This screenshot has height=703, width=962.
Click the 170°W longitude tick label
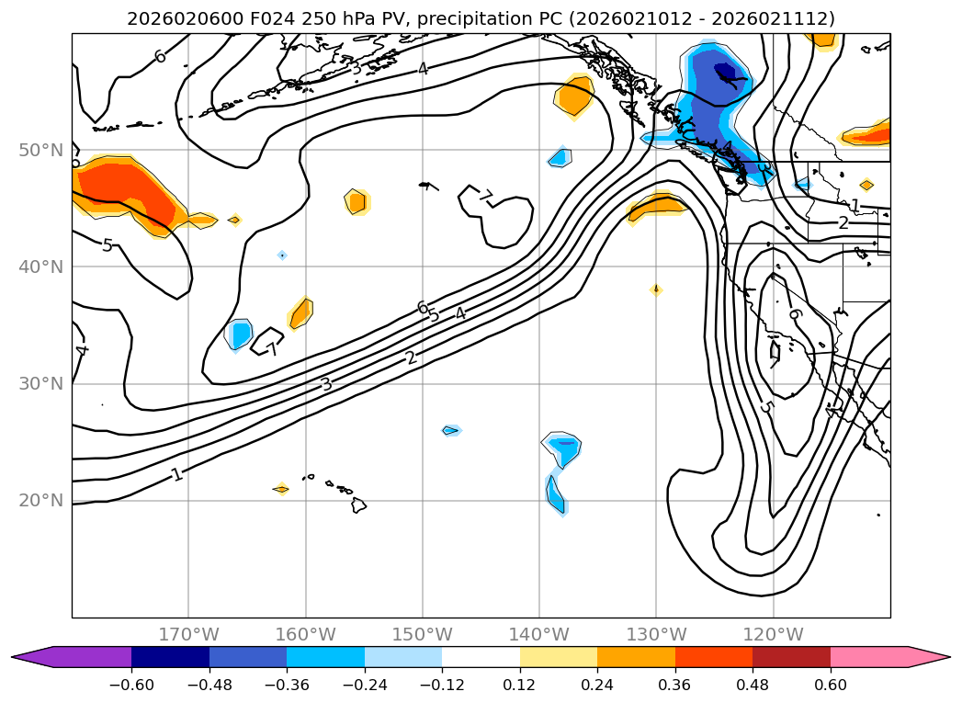(188, 634)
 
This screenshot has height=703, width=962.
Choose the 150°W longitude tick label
(423, 634)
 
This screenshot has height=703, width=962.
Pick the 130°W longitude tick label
(656, 634)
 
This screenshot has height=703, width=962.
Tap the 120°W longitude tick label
(774, 634)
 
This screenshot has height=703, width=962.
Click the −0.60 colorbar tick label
(131, 685)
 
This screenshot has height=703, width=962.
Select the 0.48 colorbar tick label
(753, 685)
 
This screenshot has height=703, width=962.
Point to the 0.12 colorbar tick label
(520, 685)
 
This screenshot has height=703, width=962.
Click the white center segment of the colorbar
(481, 657)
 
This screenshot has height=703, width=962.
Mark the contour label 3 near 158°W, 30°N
(326, 383)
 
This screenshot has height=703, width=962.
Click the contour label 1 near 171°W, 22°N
(176, 474)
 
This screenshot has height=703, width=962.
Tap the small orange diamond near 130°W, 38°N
(656, 289)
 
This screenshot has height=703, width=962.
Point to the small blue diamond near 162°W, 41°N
(282, 255)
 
